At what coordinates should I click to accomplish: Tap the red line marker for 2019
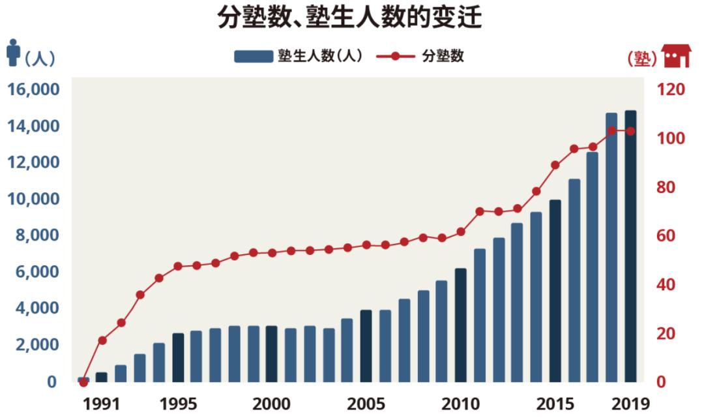630,131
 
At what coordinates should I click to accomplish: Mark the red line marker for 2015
555,165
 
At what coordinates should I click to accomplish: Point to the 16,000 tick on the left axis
33,89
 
